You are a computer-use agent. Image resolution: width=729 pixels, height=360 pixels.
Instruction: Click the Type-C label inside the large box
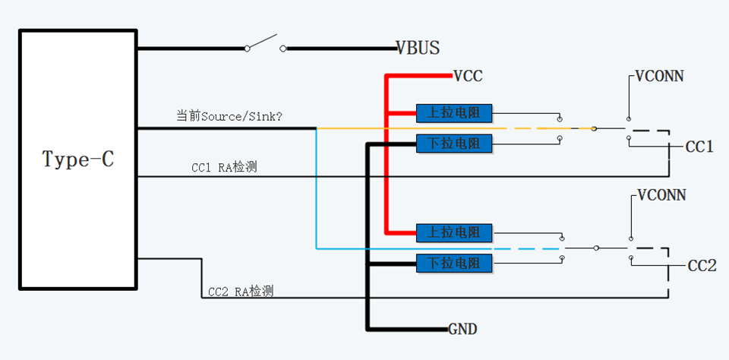pos(78,159)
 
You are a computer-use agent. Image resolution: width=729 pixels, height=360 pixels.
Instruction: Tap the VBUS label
pos(418,48)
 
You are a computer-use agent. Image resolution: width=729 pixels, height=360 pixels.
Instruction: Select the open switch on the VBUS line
pos(265,43)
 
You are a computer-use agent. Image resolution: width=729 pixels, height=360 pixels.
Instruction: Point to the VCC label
pos(468,76)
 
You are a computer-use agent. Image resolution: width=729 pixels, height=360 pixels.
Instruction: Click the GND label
pos(462,330)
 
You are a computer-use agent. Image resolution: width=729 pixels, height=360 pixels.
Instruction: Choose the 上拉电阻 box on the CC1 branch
pos(454,114)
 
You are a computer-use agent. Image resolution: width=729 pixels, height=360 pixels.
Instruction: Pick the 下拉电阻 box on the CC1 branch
pos(454,143)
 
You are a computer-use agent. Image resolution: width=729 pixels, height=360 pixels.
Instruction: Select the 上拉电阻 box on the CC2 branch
pos(454,232)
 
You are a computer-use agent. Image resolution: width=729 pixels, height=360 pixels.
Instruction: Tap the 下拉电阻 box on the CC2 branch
pos(454,264)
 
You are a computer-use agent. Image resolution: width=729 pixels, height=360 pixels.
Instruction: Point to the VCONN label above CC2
pos(661,195)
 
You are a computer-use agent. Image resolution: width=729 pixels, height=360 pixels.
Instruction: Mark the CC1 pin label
pos(699,147)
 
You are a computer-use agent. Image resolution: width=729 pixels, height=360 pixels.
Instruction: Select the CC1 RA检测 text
pos(224,166)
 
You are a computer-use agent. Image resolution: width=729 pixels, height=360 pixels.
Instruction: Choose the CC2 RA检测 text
pos(241,290)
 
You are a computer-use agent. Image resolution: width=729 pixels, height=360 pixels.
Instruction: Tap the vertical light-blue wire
pos(316,190)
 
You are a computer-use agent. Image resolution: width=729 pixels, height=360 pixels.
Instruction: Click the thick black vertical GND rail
pos(368,243)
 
